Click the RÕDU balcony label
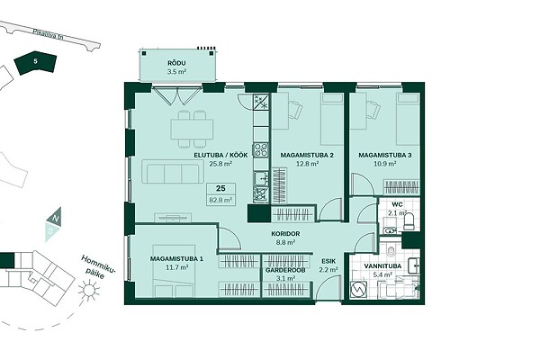tap(176, 63)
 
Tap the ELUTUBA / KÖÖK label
tap(220, 156)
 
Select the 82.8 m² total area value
tap(220, 200)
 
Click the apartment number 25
tap(220, 188)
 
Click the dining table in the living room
tap(192, 130)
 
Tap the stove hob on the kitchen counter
tap(261, 149)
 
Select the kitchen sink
tap(262, 178)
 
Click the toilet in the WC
tap(409, 221)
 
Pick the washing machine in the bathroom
tap(358, 290)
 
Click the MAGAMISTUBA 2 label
tap(307, 156)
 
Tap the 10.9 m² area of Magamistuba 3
tap(384, 164)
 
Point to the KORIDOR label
tap(285, 234)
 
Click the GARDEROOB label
tap(285, 270)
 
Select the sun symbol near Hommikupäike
tap(89, 290)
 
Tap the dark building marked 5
tap(35, 64)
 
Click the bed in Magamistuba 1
tap(174, 271)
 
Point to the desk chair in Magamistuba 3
tap(373, 108)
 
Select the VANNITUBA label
tap(382, 266)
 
